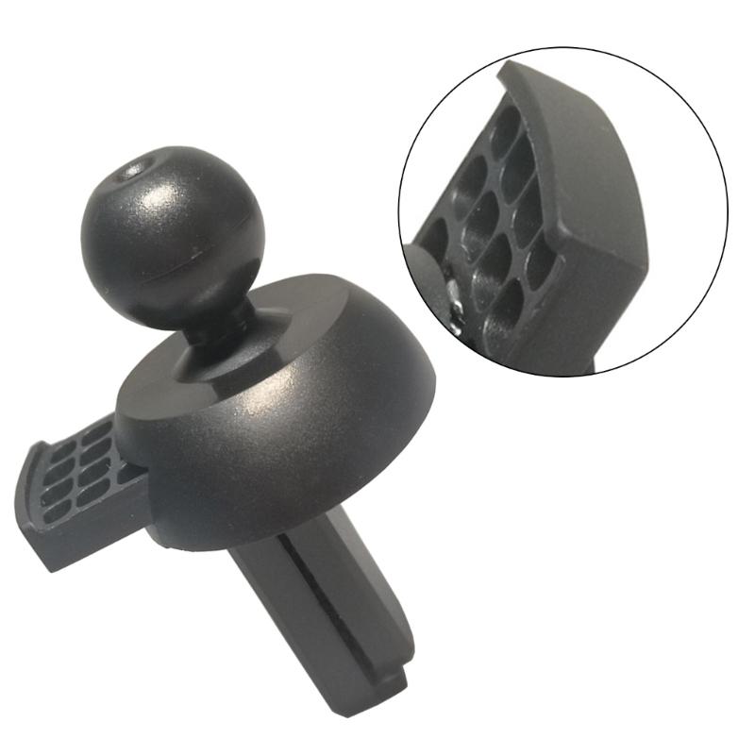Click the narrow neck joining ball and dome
210,326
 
